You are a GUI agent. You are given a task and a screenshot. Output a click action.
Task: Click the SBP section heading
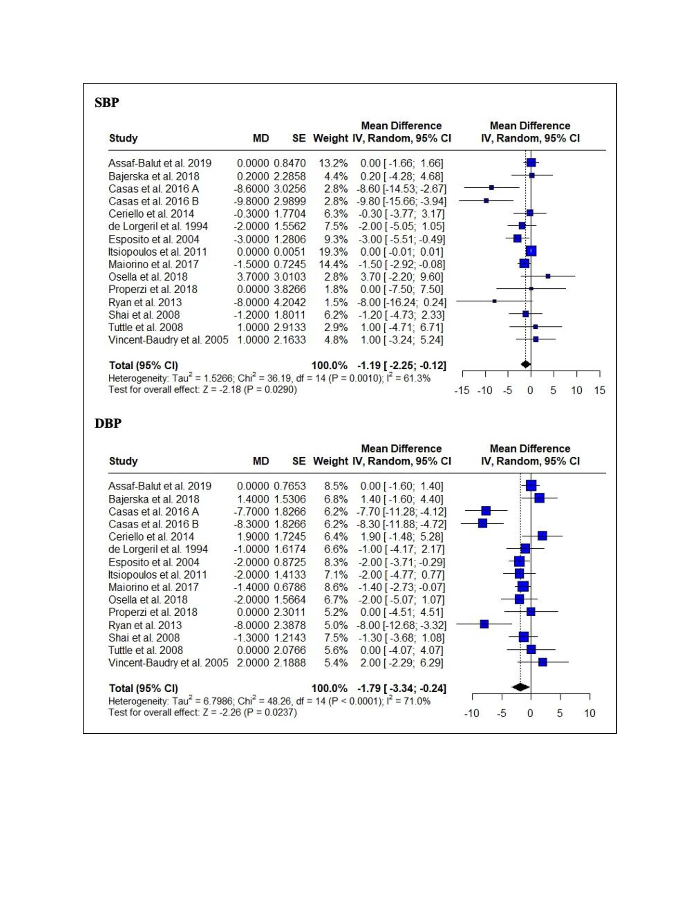coord(107,102)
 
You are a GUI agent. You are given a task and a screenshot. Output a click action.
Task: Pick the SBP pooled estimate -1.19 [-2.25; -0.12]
coord(401,366)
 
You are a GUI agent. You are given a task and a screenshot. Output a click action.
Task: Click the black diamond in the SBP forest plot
coord(525,364)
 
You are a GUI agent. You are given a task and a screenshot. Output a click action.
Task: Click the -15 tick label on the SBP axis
coord(462,390)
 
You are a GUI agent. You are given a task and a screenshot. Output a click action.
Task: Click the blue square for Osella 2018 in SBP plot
coord(548,276)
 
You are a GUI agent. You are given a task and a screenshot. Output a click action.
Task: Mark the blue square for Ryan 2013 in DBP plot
coord(484,624)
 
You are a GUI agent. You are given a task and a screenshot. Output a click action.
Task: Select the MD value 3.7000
coord(253,277)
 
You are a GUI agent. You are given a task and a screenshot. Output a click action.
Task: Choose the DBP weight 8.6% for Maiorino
coord(336,587)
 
